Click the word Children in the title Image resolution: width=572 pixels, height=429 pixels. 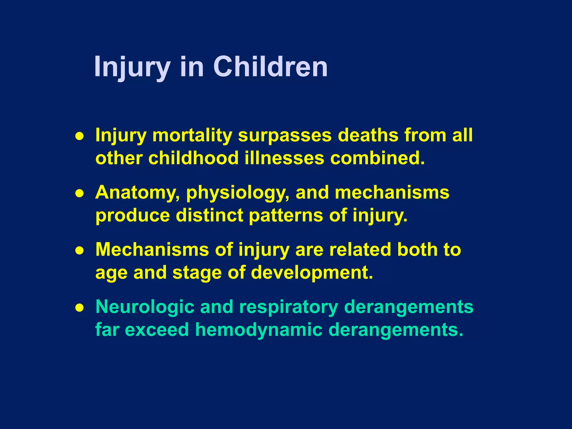(x=270, y=67)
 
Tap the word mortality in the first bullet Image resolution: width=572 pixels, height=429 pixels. (x=192, y=135)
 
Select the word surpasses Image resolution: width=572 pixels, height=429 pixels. (x=285, y=135)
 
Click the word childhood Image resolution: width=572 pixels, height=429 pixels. (x=193, y=158)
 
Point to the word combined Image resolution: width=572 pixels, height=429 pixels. (x=377, y=158)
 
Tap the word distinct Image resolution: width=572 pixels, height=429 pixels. (x=209, y=215)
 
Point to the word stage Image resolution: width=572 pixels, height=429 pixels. (x=197, y=273)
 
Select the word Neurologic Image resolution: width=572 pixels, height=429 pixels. (x=145, y=307)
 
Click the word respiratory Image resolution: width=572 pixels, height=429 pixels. (x=289, y=307)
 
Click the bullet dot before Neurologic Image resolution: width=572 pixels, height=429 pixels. (x=80, y=308)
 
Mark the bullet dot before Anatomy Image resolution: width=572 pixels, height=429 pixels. (x=80, y=193)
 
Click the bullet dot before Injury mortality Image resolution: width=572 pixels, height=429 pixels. (x=80, y=136)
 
